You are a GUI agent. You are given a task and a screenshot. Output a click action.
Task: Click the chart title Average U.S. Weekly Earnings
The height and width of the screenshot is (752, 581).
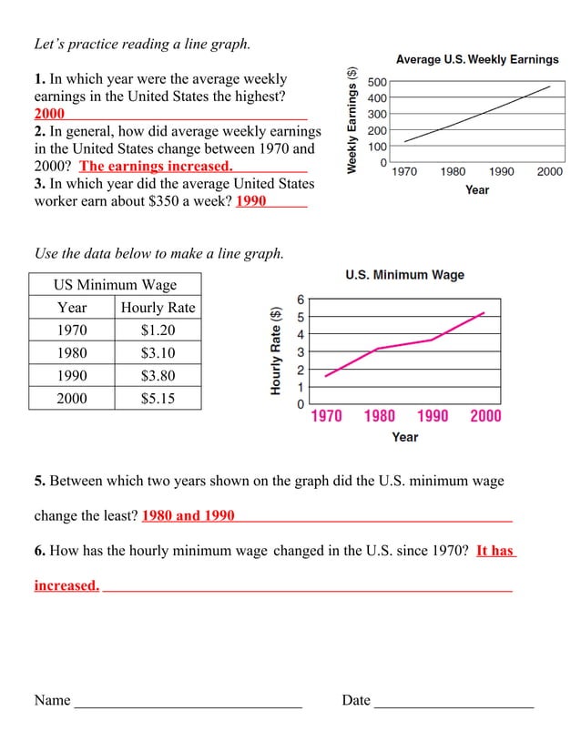pos(477,60)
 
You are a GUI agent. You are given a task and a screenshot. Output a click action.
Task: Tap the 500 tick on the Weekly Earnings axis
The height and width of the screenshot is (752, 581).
pos(377,82)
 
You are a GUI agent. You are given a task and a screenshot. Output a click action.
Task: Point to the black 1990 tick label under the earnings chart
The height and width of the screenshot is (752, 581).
pos(501,171)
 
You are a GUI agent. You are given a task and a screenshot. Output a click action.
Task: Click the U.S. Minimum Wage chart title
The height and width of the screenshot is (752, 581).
pos(404,275)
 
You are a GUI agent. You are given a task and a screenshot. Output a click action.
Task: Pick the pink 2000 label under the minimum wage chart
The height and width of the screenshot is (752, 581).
pos(485,416)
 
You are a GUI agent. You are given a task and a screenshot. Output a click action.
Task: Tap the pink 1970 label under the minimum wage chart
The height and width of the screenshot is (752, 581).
pos(326,416)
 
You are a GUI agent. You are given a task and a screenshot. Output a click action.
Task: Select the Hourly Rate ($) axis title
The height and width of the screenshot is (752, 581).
pos(275,350)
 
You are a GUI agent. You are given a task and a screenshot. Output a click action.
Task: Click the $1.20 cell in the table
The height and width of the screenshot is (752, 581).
pos(158,330)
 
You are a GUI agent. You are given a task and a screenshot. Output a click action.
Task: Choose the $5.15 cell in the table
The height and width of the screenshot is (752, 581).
pos(158,399)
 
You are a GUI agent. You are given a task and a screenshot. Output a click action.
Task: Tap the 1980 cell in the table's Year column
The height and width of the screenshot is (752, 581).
pos(72,353)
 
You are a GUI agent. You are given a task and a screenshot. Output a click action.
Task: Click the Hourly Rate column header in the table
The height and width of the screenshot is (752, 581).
pos(158,308)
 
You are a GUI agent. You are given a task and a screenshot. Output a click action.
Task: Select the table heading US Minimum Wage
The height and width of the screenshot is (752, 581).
pos(115,285)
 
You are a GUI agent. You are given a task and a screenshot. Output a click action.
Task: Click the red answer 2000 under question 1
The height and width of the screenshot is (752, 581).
pos(49,115)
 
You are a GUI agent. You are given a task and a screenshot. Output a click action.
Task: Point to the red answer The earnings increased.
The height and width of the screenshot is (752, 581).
pos(156,166)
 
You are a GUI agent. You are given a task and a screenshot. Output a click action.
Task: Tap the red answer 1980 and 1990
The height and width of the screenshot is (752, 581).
pos(189,515)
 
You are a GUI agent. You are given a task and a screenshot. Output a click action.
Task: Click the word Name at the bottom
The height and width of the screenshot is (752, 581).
pos(52,700)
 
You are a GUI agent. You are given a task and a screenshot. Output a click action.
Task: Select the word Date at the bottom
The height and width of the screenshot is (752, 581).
pos(356,700)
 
